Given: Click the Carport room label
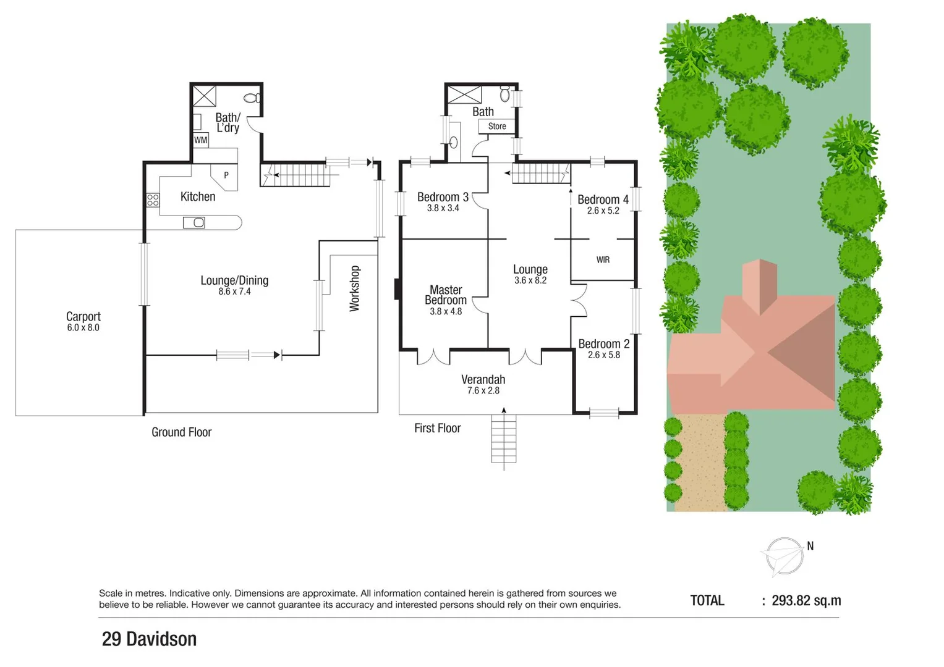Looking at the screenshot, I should [83, 316].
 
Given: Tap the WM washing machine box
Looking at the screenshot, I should [200, 140].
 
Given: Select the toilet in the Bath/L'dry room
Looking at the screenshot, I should [252, 98].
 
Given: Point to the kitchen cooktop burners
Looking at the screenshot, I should [153, 199].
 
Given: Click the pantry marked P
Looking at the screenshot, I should [226, 175].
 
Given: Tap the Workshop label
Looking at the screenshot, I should [355, 288].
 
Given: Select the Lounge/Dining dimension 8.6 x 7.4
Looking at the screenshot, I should [234, 292].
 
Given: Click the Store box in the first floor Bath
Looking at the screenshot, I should [496, 126].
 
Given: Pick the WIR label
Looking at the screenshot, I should [603, 260].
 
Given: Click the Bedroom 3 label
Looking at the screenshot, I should [443, 197].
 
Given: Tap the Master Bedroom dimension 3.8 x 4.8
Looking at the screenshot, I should [446, 311].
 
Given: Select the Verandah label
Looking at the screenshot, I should [483, 379].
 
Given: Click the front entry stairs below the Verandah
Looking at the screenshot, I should [503, 438].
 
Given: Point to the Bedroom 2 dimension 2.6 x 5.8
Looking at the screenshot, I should [603, 355].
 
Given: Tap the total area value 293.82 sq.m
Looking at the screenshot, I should [806, 600].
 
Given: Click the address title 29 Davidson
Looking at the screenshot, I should [149, 639].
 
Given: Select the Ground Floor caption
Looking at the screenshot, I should [181, 432].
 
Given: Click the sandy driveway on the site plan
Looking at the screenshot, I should [700, 463].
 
